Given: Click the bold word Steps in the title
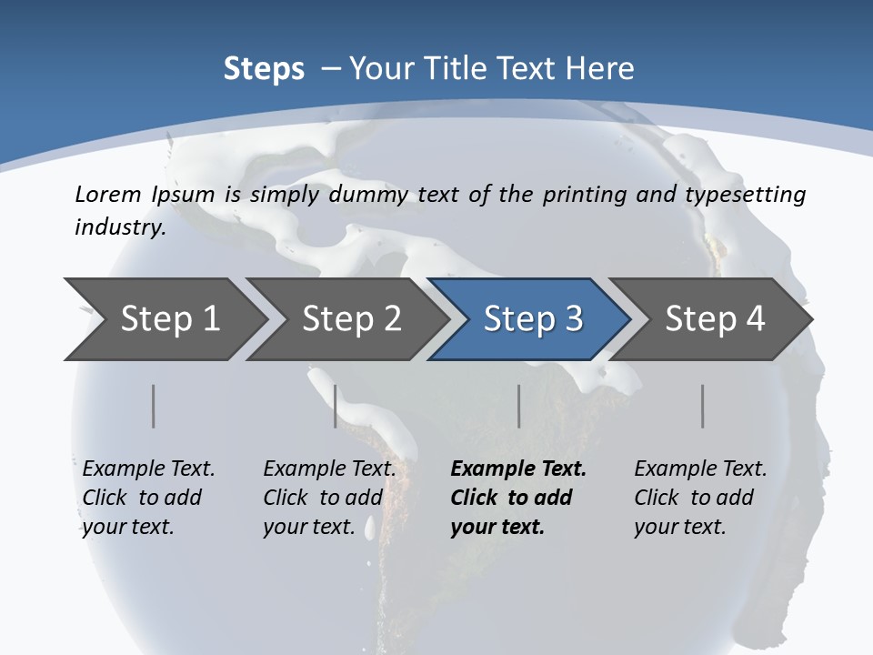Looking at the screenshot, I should pyautogui.click(x=264, y=69).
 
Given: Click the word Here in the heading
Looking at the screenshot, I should pyautogui.click(x=600, y=69).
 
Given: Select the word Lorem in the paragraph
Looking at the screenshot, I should pyautogui.click(x=108, y=194).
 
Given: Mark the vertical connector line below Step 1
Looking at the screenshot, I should pyautogui.click(x=154, y=406).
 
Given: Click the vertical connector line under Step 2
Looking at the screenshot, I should pyautogui.click(x=336, y=406).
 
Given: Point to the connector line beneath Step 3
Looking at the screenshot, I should pyautogui.click(x=519, y=406).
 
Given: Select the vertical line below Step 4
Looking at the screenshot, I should pyautogui.click(x=703, y=406).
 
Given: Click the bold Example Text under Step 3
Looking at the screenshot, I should pyautogui.click(x=518, y=469).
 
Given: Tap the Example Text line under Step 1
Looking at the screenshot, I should pyautogui.click(x=148, y=469).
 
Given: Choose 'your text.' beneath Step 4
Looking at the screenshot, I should pyautogui.click(x=679, y=527).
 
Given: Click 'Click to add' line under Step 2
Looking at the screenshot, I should pyautogui.click(x=323, y=498).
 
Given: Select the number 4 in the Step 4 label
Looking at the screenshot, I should pyautogui.click(x=755, y=319).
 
